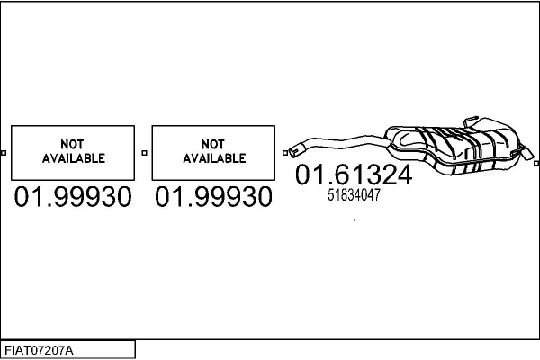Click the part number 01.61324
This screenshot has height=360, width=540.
[x=354, y=175]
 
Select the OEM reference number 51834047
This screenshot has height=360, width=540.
[x=354, y=195]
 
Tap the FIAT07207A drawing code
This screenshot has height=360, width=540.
[x=39, y=351]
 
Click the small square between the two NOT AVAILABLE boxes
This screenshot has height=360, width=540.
[x=144, y=153]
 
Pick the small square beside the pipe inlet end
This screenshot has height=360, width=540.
[x=285, y=153]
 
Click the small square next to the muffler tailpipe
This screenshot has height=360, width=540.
[x=537, y=163]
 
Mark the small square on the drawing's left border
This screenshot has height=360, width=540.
[x=4, y=153]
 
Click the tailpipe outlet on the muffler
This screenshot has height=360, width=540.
[x=528, y=153]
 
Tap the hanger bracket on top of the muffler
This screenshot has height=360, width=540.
[x=471, y=121]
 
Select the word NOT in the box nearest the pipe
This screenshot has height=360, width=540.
[x=213, y=144]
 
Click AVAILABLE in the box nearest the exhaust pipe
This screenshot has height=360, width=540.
[x=214, y=158]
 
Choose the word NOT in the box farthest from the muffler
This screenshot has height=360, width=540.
[x=72, y=144]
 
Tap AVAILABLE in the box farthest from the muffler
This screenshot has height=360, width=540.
[x=74, y=158]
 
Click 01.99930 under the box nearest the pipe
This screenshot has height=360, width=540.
[x=213, y=197]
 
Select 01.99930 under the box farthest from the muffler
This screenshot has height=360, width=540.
[x=73, y=197]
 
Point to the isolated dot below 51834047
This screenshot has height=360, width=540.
[x=355, y=220]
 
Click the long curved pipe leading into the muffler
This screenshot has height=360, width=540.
[x=341, y=143]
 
